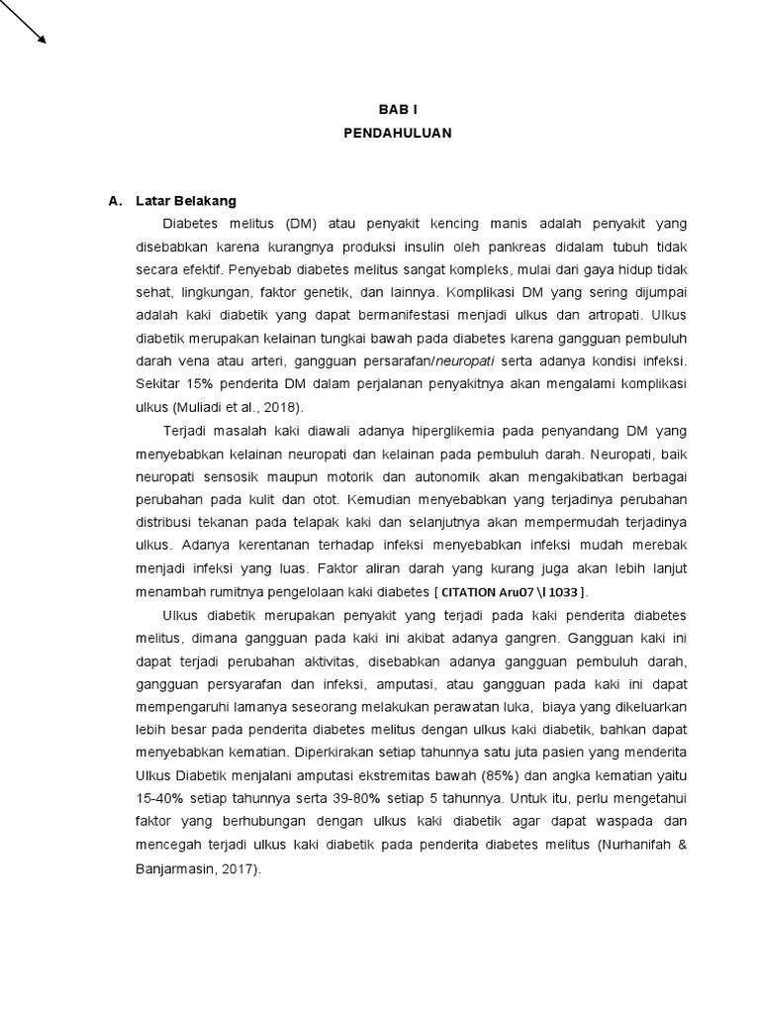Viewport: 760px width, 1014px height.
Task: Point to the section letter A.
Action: (x=115, y=201)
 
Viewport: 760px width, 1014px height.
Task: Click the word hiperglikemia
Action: (x=463, y=431)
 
